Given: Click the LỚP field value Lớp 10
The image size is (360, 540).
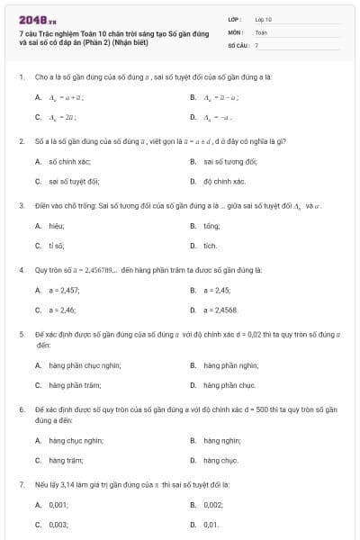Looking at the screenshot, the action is [264, 18].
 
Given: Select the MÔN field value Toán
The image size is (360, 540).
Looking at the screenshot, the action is [262, 31].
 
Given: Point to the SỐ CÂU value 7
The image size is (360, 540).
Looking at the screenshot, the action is [256, 44].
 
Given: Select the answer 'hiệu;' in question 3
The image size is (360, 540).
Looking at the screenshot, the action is [56, 226].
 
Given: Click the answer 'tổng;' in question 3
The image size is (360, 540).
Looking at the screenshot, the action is [212, 226].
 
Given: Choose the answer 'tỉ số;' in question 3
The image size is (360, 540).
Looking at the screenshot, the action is [56, 245].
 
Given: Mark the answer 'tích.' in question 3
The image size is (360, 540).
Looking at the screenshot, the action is [211, 245].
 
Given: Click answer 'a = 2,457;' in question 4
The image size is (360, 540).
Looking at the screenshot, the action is [63, 290].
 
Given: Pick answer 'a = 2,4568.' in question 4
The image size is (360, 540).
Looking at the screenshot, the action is [220, 310].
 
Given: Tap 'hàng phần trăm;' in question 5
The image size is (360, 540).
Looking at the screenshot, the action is [73, 384].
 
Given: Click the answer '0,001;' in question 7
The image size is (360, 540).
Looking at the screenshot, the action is [58, 505].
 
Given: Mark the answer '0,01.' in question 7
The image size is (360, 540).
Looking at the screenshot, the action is [211, 524].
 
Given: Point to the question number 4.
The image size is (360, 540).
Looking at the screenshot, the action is [21, 269].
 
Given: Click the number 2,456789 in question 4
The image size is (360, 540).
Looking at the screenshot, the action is [90, 269].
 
